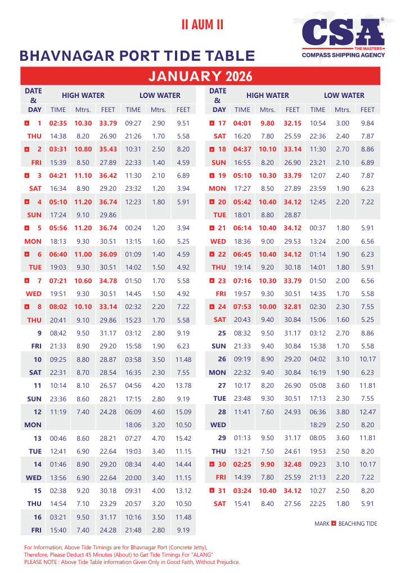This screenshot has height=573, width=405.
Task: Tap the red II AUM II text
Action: [202, 25]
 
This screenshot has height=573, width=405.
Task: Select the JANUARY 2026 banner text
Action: [200, 76]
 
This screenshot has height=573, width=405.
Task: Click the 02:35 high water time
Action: [58, 123]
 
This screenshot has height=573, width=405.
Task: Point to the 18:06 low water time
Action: [133, 425]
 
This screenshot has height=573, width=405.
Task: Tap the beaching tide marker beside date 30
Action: [211, 464]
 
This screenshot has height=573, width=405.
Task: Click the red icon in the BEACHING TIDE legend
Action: [334, 523]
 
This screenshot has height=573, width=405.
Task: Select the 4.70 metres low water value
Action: [159, 438]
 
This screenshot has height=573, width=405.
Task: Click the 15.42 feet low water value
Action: [183, 438]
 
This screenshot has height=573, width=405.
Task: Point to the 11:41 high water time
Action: [242, 412]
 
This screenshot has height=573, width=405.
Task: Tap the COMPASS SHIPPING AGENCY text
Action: [344, 55]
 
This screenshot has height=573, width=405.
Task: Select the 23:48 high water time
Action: [242, 399]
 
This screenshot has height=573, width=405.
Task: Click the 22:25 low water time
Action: [318, 504]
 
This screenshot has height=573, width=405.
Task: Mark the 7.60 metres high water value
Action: [268, 412]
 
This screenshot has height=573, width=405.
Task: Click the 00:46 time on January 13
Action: [58, 438]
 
